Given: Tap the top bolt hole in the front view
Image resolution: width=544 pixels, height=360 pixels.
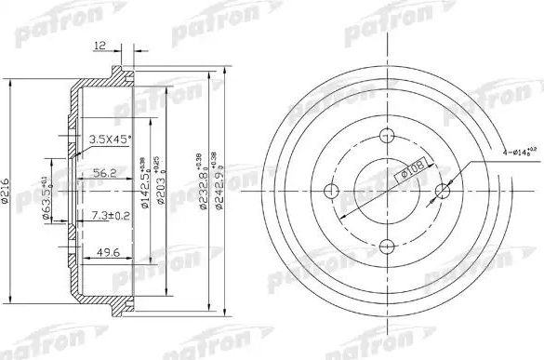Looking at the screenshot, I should click(386, 134).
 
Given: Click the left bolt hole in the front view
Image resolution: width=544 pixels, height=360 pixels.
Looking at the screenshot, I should click(329, 191).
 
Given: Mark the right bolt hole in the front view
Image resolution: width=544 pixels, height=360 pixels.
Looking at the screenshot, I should click(443, 191).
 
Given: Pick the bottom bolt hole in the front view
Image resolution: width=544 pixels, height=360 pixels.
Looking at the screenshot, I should click(386, 247).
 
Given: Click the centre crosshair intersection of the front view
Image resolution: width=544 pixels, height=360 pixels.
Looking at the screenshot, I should click(386, 191).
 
